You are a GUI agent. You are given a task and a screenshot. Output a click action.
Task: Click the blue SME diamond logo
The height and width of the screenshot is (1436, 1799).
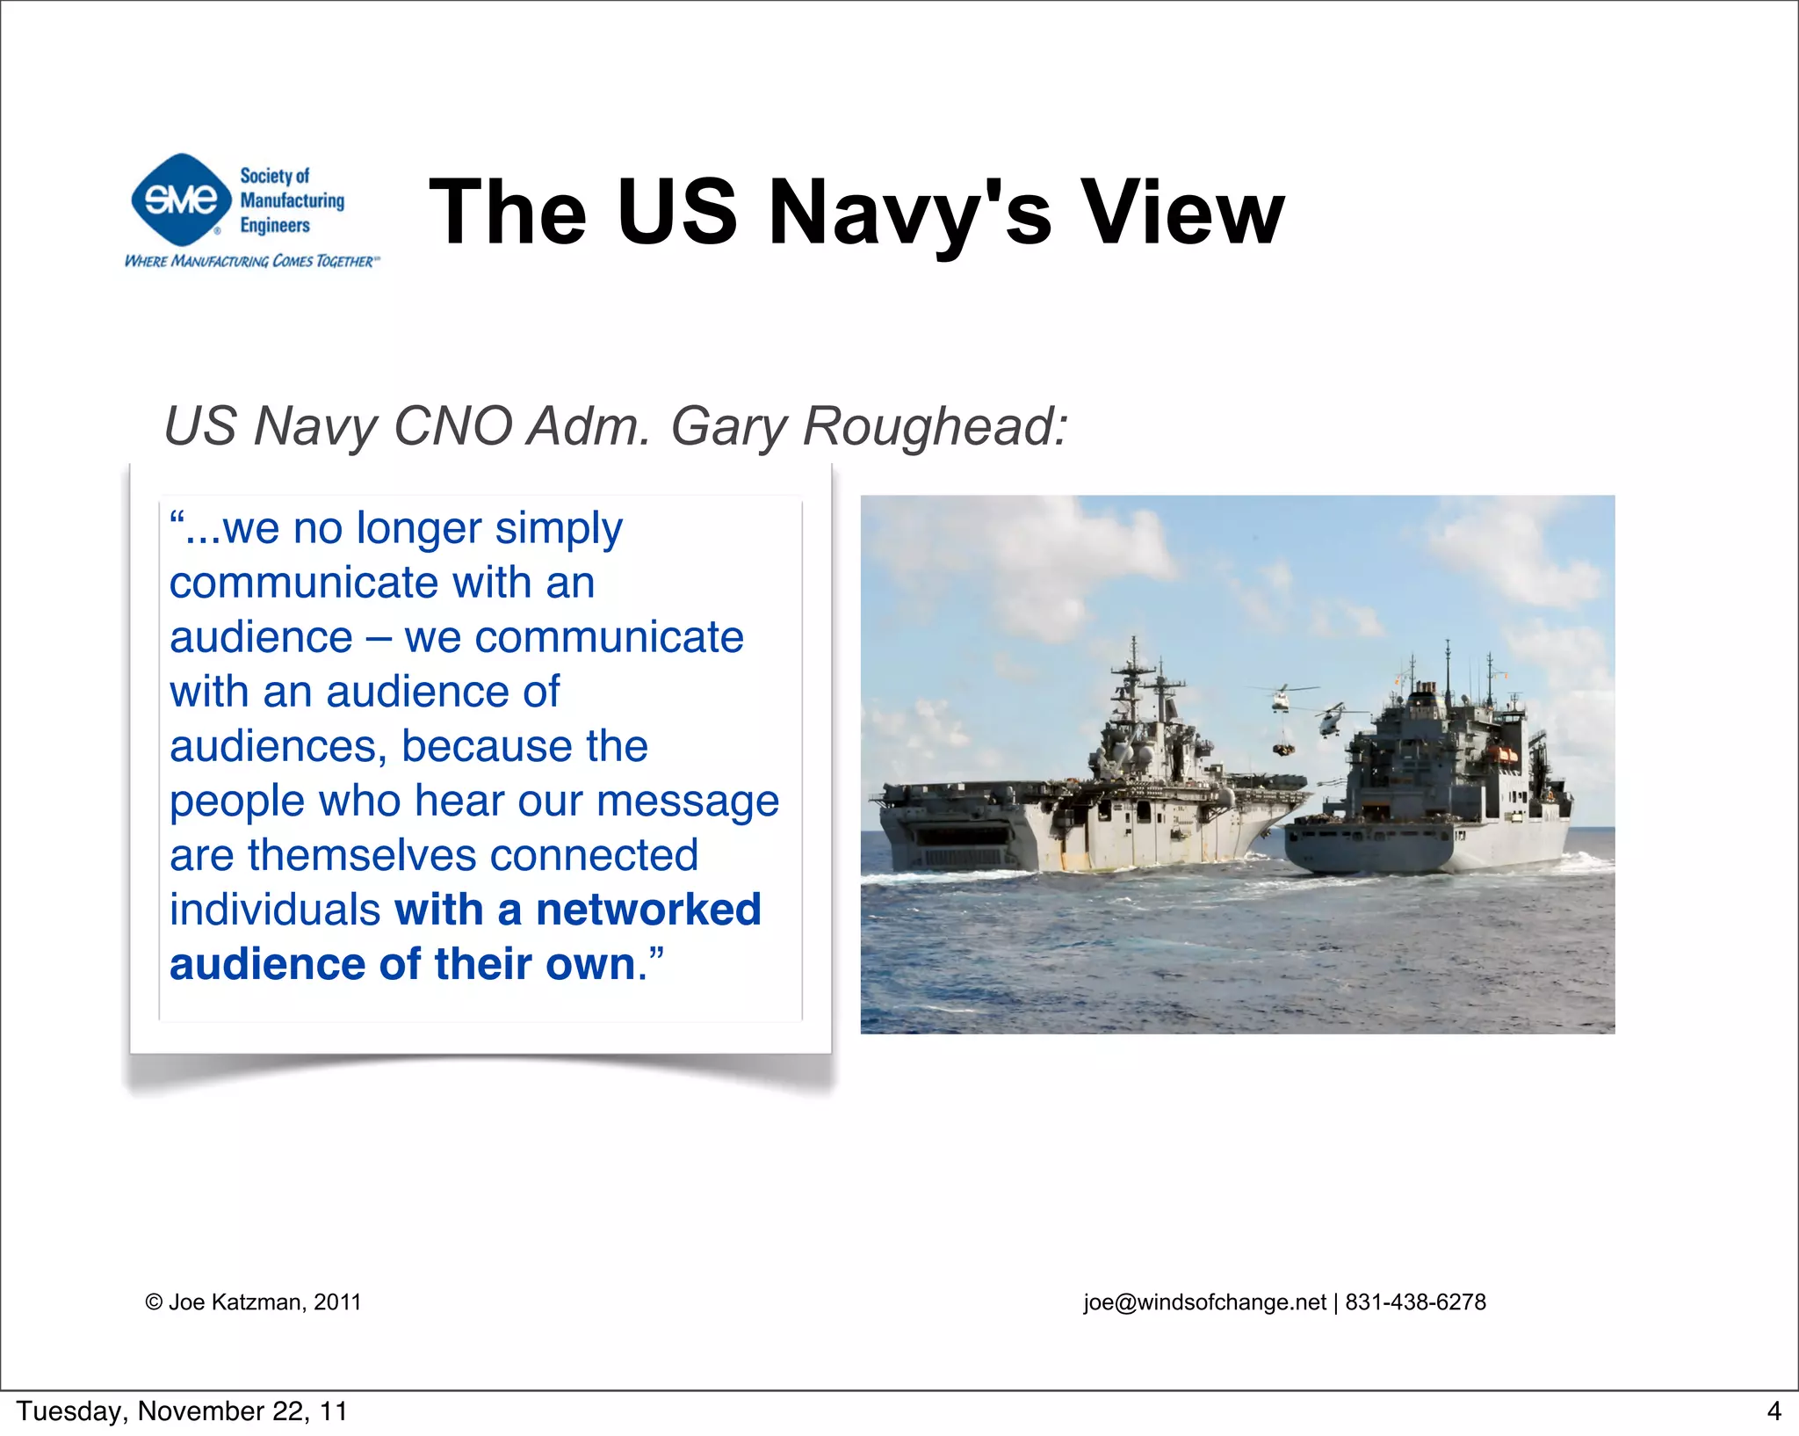(181, 199)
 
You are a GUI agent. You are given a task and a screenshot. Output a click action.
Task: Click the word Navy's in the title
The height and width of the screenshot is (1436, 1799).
(909, 213)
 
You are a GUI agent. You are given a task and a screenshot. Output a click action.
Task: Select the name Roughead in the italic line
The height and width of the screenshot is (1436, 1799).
(935, 426)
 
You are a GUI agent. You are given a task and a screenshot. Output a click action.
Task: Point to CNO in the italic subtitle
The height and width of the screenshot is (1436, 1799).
(452, 426)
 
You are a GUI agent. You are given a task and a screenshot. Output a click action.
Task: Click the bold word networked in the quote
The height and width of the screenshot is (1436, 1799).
(648, 910)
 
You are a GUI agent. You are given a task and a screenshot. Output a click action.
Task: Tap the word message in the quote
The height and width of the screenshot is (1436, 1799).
(687, 801)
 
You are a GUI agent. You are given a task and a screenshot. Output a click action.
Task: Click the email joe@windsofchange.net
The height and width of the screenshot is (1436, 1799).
(1204, 1302)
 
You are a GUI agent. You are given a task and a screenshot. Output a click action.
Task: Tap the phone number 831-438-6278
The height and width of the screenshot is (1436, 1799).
(1415, 1302)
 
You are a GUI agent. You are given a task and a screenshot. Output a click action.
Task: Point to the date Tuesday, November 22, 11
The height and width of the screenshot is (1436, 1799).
(182, 1411)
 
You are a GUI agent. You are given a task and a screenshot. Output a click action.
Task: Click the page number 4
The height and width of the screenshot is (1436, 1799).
(1774, 1411)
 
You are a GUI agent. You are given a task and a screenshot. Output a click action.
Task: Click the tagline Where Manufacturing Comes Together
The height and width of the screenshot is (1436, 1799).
(252, 261)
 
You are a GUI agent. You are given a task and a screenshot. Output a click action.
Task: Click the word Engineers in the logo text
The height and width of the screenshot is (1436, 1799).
(275, 226)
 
